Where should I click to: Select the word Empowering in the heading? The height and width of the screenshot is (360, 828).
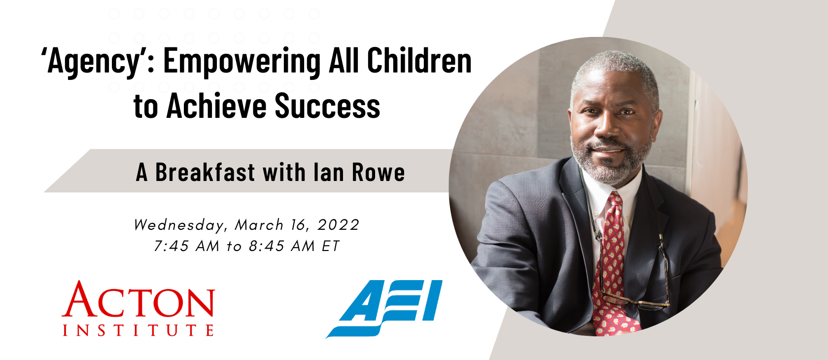coord(241,62)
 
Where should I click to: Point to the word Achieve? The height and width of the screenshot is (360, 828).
coord(216,106)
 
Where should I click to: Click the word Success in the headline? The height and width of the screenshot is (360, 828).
coord(327,106)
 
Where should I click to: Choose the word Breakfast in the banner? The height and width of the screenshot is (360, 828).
coord(205,172)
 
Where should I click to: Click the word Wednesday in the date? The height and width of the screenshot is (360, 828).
coord(180,225)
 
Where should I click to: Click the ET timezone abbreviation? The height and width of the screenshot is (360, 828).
coord(330,246)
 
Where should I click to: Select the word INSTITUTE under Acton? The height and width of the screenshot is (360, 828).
coord(138,330)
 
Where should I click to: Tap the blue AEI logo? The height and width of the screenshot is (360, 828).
coord(384,309)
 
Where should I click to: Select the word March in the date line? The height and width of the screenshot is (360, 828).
coord(259,225)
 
